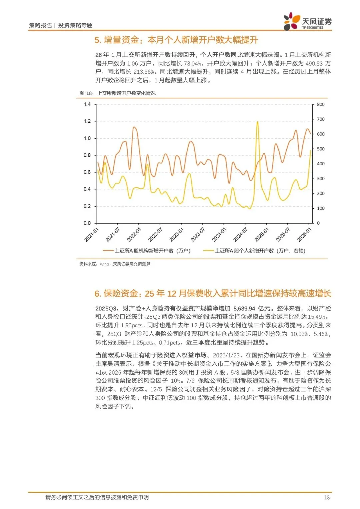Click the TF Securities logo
(307, 22)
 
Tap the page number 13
(327, 497)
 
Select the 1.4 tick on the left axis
(87, 104)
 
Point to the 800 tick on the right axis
(321, 104)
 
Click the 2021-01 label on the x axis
(91, 235)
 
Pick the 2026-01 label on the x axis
(304, 235)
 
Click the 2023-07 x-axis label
(198, 235)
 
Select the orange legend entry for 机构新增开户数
(147, 251)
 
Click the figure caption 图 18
(117, 93)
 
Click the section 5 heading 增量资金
(176, 40)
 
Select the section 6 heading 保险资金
(213, 293)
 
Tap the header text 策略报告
(41, 25)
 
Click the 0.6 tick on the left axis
(87, 172)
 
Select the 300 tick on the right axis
(321, 179)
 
